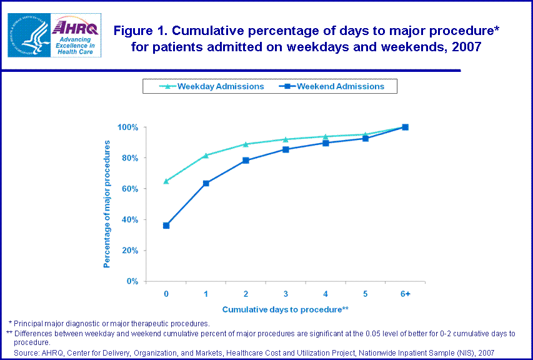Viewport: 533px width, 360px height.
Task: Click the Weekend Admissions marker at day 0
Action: (x=166, y=226)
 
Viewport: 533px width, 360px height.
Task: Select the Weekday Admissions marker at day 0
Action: (x=166, y=181)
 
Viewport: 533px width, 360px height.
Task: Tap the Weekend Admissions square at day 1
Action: (x=206, y=183)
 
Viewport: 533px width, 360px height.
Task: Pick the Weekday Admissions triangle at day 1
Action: (x=206, y=155)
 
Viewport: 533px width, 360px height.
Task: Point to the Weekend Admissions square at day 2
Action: (x=246, y=161)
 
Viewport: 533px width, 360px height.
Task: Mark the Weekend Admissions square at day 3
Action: (x=286, y=149)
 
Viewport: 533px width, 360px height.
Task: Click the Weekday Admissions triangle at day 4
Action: (x=326, y=136)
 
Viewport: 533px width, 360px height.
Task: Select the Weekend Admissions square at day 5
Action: (x=366, y=138)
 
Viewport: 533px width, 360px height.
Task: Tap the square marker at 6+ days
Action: (x=405, y=127)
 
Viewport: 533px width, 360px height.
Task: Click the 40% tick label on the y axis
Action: (x=129, y=219)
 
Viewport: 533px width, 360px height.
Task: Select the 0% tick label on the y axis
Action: (x=132, y=281)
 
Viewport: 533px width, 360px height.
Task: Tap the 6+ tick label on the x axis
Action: (x=405, y=294)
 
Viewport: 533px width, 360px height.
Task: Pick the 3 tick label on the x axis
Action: (x=286, y=294)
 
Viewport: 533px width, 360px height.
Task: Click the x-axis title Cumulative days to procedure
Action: (x=285, y=309)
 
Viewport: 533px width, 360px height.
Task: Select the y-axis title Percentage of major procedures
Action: (x=107, y=204)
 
